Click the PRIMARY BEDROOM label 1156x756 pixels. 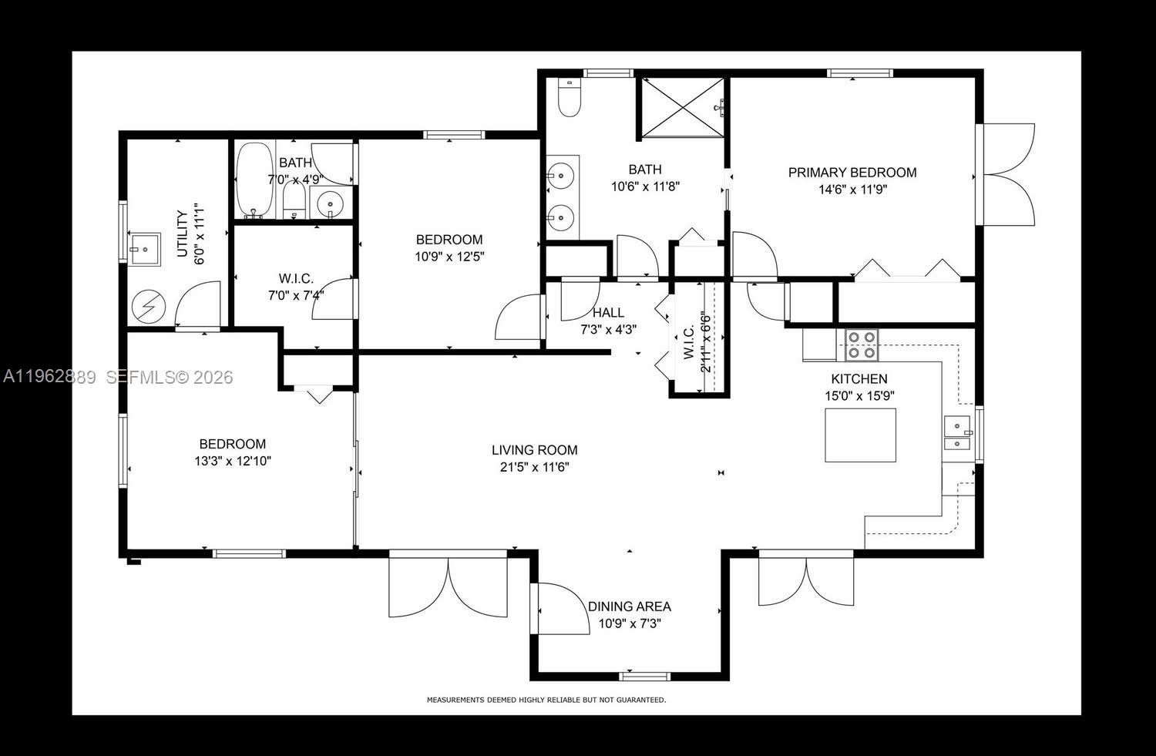pyautogui.click(x=852, y=173)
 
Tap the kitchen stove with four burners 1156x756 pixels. pyautogui.click(x=862, y=345)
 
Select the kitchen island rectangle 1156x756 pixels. pyautogui.click(x=860, y=435)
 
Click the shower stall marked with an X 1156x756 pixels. pyautogui.click(x=683, y=108)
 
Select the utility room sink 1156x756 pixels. pyautogui.click(x=144, y=250)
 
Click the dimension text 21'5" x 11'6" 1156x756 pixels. pyautogui.click(x=534, y=467)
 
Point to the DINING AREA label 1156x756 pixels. pyautogui.click(x=629, y=606)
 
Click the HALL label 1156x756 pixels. pyautogui.click(x=608, y=313)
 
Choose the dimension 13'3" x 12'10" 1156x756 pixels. pyautogui.click(x=233, y=462)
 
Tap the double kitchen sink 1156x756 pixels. pyautogui.click(x=957, y=433)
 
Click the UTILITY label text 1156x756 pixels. pyautogui.click(x=183, y=234)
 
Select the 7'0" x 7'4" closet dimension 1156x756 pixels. pyautogui.click(x=296, y=294)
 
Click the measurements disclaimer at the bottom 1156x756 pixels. pyautogui.click(x=546, y=701)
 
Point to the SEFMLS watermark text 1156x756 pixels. pyautogui.click(x=169, y=378)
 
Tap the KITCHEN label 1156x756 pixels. pyautogui.click(x=859, y=379)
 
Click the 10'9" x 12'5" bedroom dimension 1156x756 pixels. pyautogui.click(x=449, y=257)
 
